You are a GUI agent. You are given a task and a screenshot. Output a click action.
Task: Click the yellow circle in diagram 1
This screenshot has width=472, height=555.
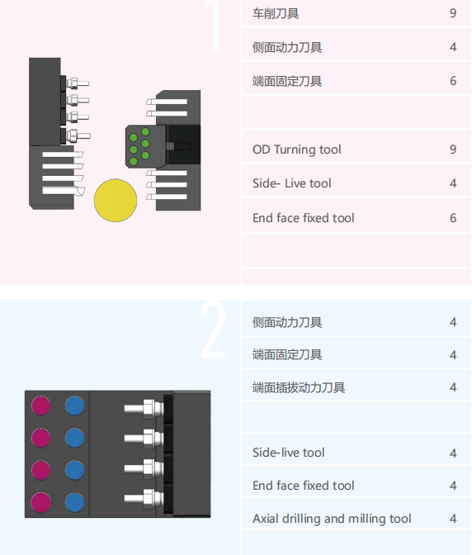[x=116, y=201]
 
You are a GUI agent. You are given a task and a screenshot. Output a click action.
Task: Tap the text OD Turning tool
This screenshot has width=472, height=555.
[x=296, y=149]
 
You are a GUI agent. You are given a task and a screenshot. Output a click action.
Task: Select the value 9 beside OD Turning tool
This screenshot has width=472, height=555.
[x=453, y=149]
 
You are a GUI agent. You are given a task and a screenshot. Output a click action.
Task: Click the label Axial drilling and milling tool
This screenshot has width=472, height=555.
[x=332, y=519]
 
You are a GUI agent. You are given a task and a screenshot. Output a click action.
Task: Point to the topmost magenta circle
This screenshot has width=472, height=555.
[x=40, y=406]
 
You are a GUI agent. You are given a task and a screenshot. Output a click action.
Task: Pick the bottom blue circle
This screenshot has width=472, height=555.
[x=74, y=502]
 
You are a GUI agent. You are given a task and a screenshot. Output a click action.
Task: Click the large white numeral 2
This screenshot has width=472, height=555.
[x=213, y=330]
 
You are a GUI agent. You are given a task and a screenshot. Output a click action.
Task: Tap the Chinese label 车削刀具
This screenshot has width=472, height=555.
[x=276, y=13]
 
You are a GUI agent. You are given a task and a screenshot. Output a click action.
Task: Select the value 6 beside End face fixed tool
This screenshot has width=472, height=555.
[x=453, y=218]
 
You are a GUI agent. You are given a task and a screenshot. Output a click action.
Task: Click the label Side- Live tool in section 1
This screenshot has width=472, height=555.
[x=291, y=183]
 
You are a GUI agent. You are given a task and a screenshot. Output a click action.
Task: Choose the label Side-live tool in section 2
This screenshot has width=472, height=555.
[x=288, y=453]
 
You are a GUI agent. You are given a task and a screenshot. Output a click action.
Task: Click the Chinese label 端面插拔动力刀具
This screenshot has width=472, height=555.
[x=299, y=387]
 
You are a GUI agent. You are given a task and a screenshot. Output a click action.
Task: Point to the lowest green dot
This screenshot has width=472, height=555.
[x=134, y=161]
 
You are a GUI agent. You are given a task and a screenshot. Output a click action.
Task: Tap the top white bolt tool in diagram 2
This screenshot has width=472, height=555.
[x=144, y=409]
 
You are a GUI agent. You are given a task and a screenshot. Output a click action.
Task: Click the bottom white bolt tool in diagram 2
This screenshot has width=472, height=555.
[x=144, y=498]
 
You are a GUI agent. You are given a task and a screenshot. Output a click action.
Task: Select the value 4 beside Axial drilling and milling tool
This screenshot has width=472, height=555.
[x=453, y=519]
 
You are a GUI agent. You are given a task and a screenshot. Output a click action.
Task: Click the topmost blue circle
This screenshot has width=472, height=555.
[x=74, y=406]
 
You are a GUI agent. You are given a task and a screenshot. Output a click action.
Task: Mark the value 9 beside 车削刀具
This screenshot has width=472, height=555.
[x=453, y=13]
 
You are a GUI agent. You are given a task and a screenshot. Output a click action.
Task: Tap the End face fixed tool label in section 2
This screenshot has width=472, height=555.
[x=303, y=486]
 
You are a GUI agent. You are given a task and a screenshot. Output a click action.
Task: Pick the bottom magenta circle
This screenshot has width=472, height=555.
[x=40, y=502]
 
